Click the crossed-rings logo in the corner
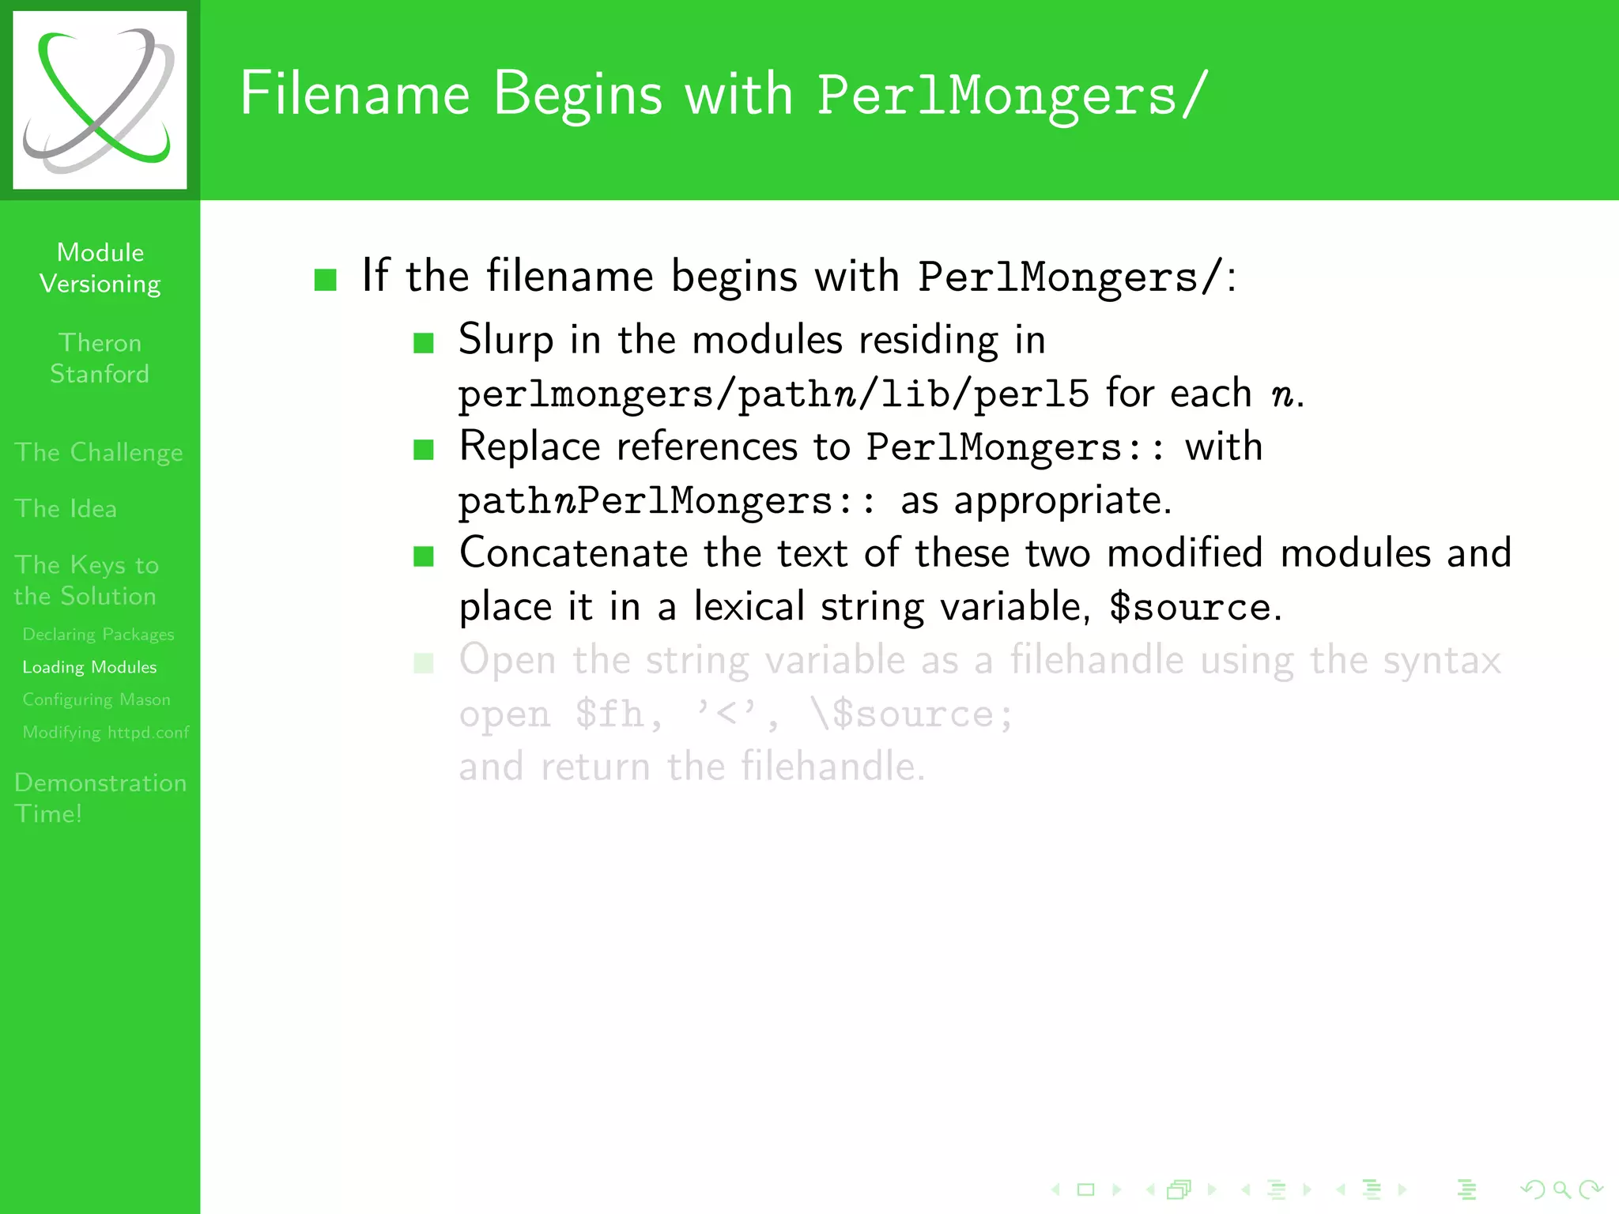point(100,100)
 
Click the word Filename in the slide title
point(355,94)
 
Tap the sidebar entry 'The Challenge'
point(99,452)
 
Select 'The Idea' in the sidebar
point(66,508)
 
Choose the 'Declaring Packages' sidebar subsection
point(98,635)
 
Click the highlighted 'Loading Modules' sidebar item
point(89,667)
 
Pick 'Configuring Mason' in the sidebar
point(96,699)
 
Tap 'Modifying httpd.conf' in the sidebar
point(106,732)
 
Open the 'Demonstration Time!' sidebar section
point(100,797)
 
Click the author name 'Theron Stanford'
point(100,358)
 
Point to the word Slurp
point(506,341)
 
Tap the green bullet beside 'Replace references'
point(424,450)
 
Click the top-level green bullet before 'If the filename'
point(326,279)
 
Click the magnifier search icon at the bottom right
point(1561,1189)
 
